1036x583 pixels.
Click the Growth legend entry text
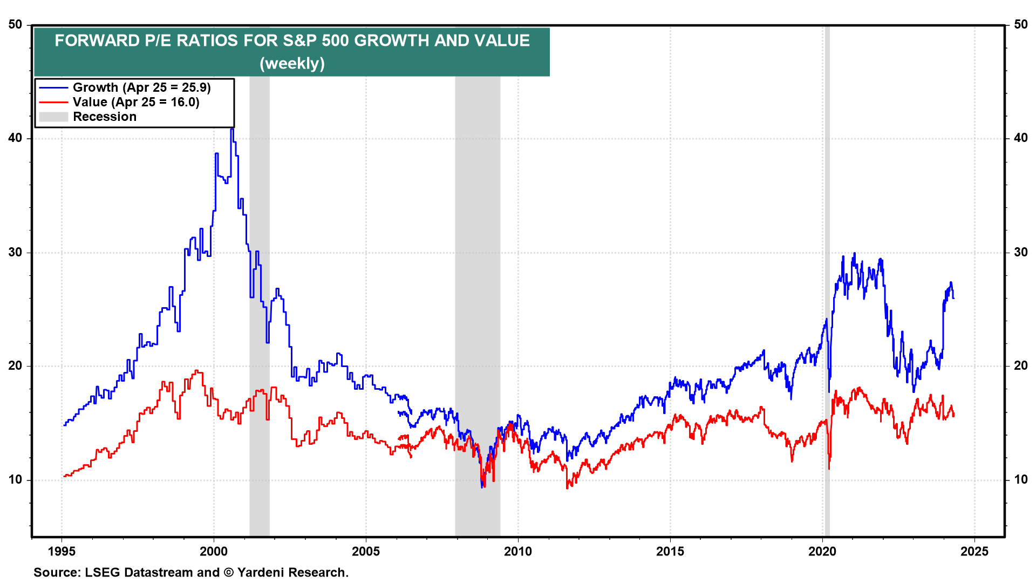[x=141, y=87]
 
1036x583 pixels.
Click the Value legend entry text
[x=136, y=102]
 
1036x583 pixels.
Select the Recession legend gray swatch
[x=53, y=117]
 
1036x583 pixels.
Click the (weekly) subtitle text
[x=292, y=63]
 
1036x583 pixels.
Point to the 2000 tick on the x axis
[x=214, y=551]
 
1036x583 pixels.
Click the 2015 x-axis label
[x=670, y=551]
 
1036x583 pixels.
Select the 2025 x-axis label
[x=974, y=551]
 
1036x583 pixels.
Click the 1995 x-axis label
[x=62, y=551]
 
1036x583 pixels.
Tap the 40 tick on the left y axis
[x=16, y=138]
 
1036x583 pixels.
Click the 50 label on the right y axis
[x=1020, y=25]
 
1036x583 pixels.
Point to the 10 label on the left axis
[x=16, y=480]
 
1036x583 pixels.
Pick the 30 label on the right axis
[x=1020, y=253]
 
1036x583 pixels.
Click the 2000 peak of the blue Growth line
[x=232, y=130]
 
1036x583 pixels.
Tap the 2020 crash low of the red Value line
[x=829, y=467]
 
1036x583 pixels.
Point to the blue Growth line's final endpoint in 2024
[x=953, y=298]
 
